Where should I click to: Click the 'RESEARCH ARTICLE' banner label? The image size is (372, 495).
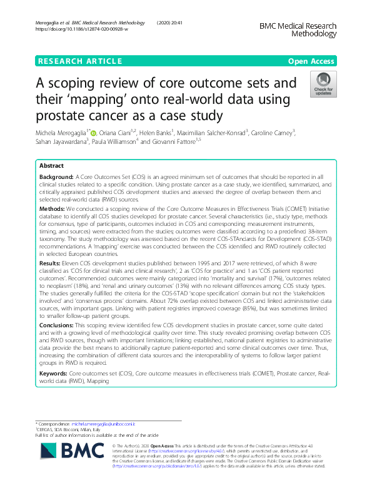pyautogui.click(x=79, y=61)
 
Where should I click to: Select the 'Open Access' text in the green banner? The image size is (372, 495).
pyautogui.click(x=312, y=61)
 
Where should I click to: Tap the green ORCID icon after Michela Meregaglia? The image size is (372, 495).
pyautogui.click(x=94, y=132)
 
